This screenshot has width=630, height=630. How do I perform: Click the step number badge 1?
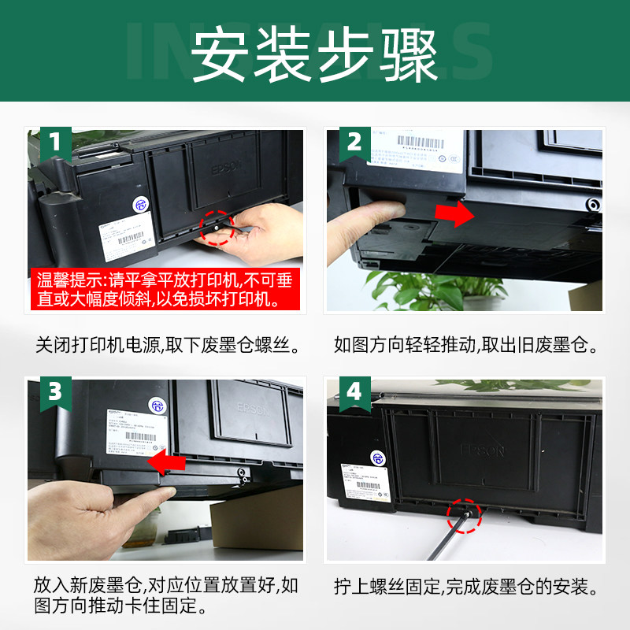tap(53, 143)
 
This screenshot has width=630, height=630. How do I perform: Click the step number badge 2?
tap(354, 143)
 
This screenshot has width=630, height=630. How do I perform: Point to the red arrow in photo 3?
tap(172, 461)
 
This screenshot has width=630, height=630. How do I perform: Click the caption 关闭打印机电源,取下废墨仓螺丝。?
tap(168, 345)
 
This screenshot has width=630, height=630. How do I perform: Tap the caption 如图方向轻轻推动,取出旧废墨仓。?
tap(465, 345)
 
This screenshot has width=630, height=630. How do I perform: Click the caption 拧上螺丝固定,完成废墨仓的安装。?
tap(465, 587)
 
